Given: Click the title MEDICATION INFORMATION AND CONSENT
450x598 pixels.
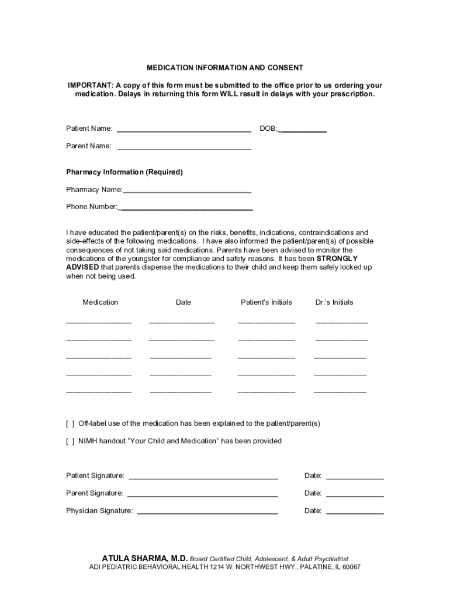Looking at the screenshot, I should pyautogui.click(x=225, y=68).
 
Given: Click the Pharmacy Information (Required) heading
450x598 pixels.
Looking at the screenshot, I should pyautogui.click(x=124, y=172).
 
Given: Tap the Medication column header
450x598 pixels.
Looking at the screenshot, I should pyautogui.click(x=101, y=303).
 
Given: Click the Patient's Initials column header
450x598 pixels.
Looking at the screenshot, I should pyautogui.click(x=266, y=303).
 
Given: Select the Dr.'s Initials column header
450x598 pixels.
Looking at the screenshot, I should pyautogui.click(x=334, y=303).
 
